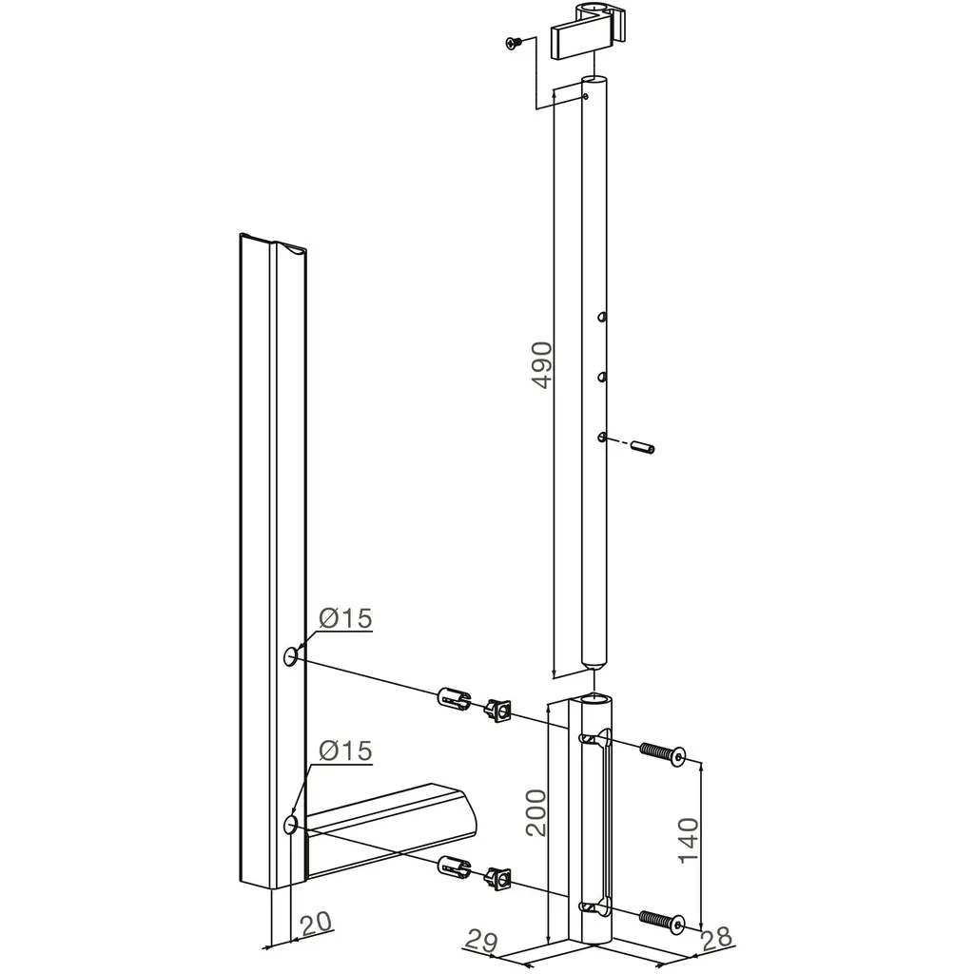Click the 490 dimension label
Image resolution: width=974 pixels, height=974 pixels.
tap(542, 365)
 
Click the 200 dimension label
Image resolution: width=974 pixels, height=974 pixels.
tap(536, 812)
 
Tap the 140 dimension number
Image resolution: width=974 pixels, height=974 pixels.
tap(689, 841)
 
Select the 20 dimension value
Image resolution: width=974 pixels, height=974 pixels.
tap(316, 923)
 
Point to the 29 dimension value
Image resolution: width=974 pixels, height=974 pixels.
tap(481, 940)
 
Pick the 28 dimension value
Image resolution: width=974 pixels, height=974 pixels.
tap(716, 938)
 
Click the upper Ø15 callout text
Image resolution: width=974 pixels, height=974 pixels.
tap(345, 618)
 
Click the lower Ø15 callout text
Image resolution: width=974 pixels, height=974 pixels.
tap(345, 750)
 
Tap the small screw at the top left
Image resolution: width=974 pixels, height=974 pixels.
tap(514, 43)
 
